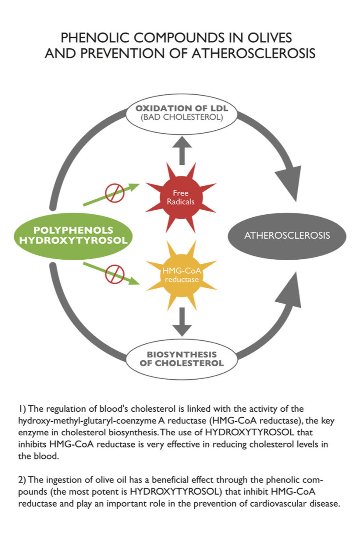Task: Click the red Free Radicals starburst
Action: tap(181, 197)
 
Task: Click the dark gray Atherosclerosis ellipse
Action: tap(287, 236)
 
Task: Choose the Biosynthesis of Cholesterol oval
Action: tap(182, 359)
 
